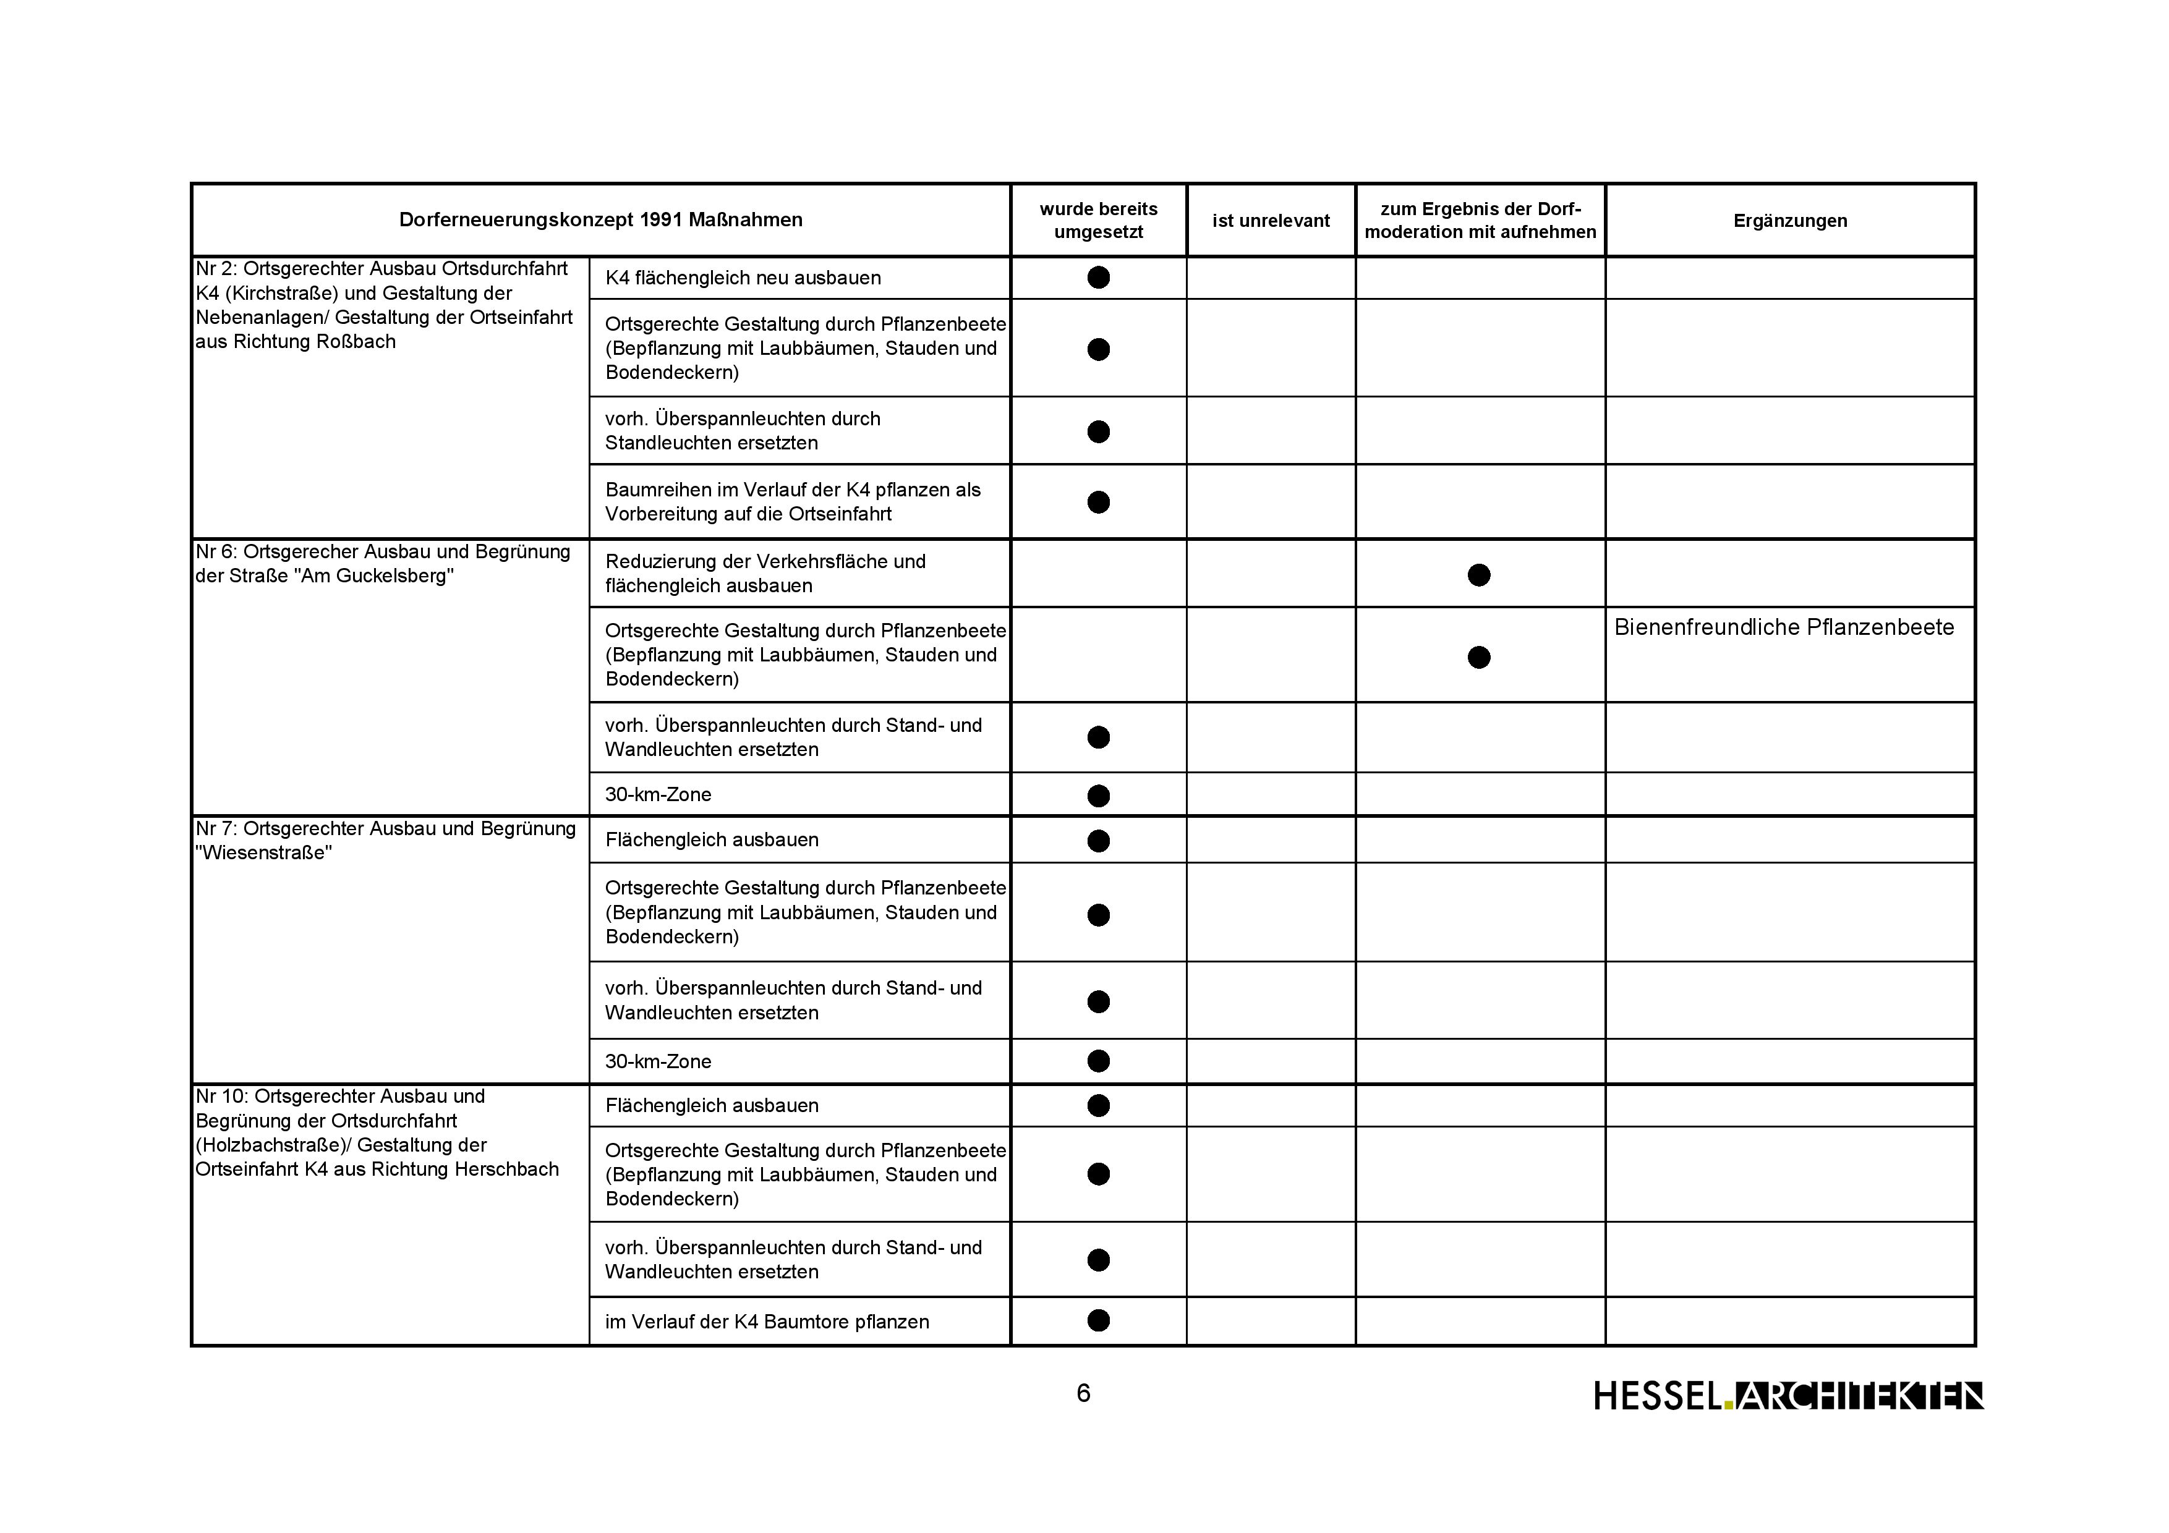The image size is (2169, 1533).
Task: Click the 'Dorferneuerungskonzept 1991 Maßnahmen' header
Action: pos(601,220)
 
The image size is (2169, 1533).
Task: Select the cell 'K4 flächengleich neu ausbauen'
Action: pos(743,278)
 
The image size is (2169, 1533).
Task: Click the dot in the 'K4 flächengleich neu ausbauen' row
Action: pos(1097,278)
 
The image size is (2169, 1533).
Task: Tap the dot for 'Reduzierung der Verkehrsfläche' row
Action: pos(1478,574)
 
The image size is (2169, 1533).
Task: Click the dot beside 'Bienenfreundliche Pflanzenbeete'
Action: pos(1478,656)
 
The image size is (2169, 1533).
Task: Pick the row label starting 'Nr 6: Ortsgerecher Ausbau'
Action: pos(383,564)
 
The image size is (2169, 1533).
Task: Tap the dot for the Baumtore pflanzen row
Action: pos(1097,1320)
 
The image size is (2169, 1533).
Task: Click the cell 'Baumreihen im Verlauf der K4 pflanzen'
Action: pos(793,501)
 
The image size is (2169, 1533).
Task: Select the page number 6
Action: pos(1083,1393)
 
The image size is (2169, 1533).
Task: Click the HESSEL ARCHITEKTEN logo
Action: pos(1788,1395)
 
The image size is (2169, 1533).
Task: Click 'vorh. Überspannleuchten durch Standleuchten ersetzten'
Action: pos(743,431)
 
